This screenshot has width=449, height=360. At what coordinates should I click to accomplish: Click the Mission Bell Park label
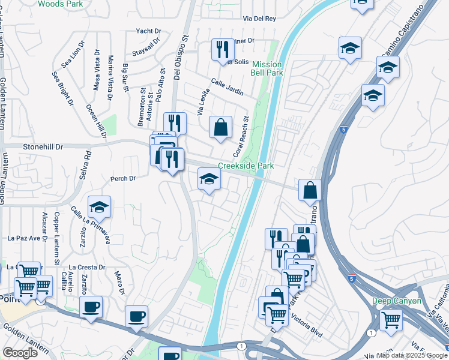point(267,69)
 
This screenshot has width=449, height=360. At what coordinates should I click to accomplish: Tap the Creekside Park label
point(246,166)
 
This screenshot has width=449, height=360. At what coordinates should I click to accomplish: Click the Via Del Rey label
point(259,19)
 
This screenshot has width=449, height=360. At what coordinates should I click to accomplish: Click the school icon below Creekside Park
point(209,179)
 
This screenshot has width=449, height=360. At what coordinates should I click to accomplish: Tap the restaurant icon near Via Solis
point(223,49)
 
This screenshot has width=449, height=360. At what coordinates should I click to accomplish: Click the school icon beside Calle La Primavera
point(100,208)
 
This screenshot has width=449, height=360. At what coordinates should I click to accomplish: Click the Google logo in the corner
point(20,353)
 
